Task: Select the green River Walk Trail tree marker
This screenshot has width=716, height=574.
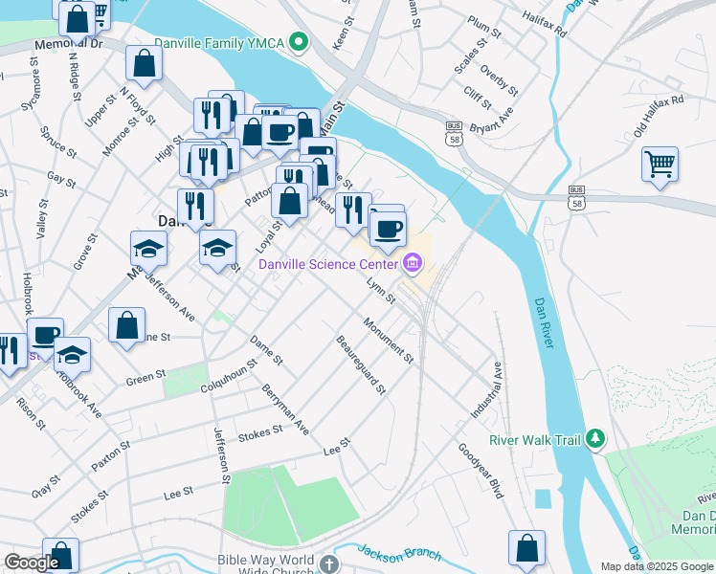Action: tap(596, 439)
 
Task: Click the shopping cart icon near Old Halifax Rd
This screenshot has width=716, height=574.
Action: tap(660, 165)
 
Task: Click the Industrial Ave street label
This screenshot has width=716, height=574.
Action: tap(485, 389)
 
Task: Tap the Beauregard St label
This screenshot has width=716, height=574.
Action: tap(360, 364)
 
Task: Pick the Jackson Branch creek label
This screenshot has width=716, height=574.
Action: tap(399, 553)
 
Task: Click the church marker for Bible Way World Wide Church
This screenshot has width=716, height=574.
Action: tap(328, 563)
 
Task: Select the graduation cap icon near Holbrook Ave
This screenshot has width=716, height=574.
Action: tap(72, 355)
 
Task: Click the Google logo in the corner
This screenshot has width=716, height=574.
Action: tap(32, 563)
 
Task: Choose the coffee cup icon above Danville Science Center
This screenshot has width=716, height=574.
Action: tap(388, 229)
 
